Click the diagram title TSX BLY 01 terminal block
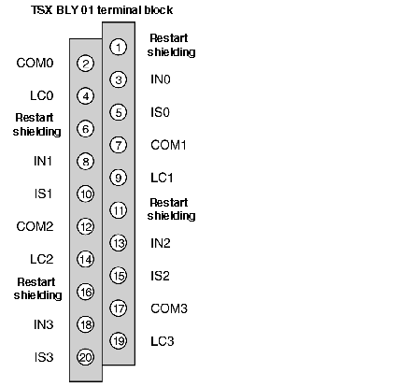(102, 10)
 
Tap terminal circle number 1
(119, 48)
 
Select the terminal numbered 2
(86, 64)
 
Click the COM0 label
(35, 63)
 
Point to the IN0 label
(161, 79)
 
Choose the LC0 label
(42, 95)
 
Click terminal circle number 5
(119, 112)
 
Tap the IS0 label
(160, 112)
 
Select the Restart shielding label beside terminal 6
(36, 124)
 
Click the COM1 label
(168, 145)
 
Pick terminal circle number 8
(86, 162)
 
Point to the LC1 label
(162, 178)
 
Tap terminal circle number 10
(86, 193)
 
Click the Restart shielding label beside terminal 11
(171, 209)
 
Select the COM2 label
(35, 226)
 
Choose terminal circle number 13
(119, 243)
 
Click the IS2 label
(160, 276)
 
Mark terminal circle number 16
(86, 292)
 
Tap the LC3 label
(163, 341)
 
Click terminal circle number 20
(86, 357)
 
